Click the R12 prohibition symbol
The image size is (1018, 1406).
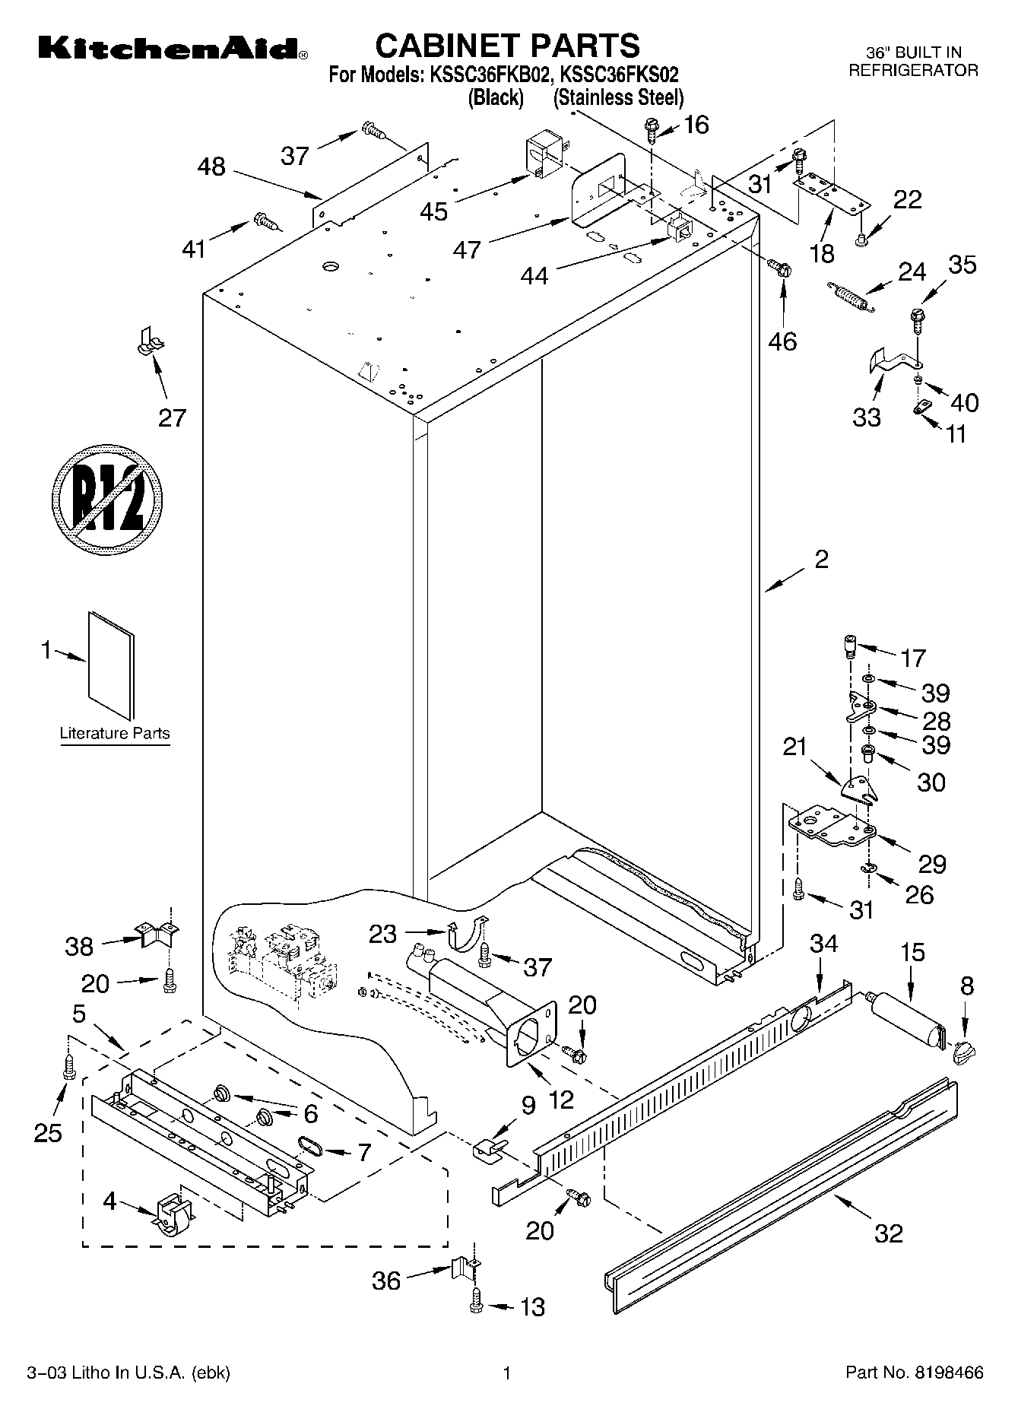point(108,498)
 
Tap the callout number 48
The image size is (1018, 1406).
point(211,167)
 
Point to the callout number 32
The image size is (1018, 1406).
point(888,1233)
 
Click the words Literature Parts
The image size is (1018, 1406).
point(115,734)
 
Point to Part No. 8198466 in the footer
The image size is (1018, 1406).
point(915,1373)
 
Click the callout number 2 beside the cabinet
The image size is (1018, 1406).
point(821,560)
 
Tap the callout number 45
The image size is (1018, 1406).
point(434,211)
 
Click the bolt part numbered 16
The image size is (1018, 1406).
point(652,130)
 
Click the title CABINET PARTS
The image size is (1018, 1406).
point(507,46)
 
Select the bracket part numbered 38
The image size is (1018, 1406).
point(156,933)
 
